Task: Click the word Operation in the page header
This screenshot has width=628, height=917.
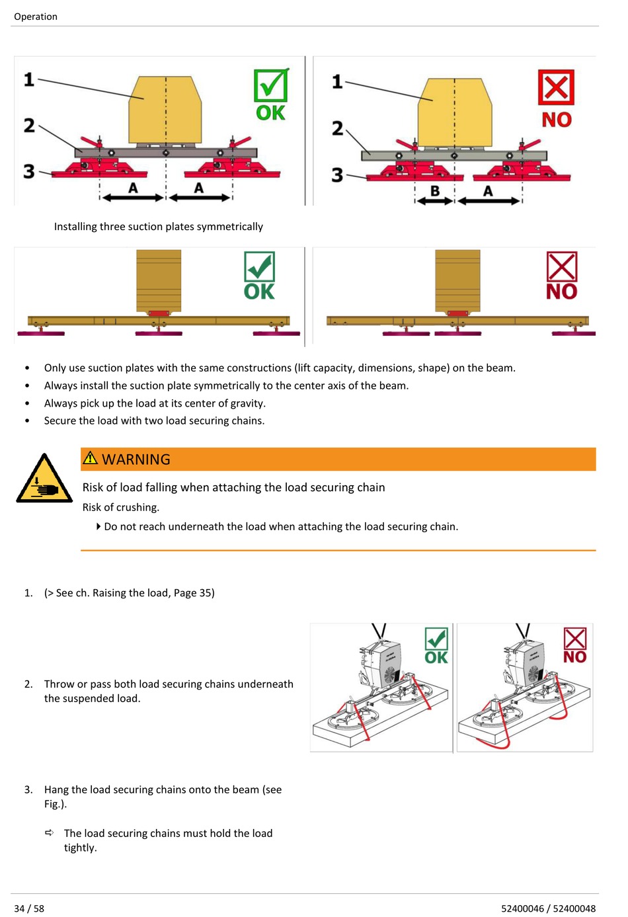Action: point(36,17)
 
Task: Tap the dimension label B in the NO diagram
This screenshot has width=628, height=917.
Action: point(435,191)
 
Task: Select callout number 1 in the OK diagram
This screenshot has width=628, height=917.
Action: point(29,79)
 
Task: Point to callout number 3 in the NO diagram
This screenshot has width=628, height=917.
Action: point(337,175)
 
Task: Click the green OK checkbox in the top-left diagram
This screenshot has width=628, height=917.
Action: point(270,85)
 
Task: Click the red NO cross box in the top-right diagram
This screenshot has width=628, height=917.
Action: point(556,87)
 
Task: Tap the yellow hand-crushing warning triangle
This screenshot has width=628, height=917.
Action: point(44,480)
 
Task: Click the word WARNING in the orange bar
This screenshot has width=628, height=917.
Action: point(136,459)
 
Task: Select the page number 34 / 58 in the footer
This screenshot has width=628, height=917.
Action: point(29,908)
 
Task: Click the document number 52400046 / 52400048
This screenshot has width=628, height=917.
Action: point(548,908)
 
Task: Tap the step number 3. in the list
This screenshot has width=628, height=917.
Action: point(28,789)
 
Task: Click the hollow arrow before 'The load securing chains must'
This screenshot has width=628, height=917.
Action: point(50,833)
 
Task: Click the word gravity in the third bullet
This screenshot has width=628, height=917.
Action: point(247,403)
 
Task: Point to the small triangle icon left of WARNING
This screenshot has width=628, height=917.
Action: point(90,458)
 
